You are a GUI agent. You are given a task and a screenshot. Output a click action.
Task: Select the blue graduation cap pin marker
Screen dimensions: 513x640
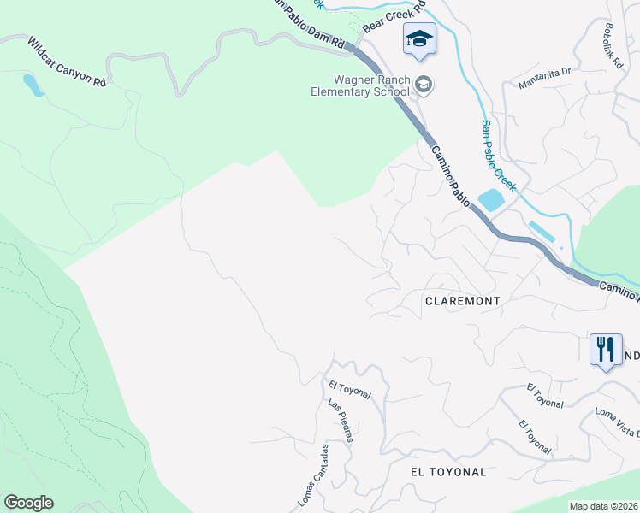click(419, 39)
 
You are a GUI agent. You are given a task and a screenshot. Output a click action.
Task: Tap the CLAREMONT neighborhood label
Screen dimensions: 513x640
click(462, 302)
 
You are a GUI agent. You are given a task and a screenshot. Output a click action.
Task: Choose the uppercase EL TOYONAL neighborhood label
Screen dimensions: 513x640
click(448, 472)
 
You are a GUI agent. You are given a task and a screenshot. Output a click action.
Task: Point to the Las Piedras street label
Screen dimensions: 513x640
click(340, 419)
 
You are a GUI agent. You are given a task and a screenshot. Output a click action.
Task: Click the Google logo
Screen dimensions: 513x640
click(28, 503)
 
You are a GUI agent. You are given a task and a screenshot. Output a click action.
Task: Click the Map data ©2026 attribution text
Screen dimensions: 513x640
click(603, 506)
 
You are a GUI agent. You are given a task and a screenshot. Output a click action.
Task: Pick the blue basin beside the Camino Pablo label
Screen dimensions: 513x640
click(490, 200)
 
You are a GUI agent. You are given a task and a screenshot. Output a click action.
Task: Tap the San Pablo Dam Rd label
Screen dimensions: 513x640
click(308, 23)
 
